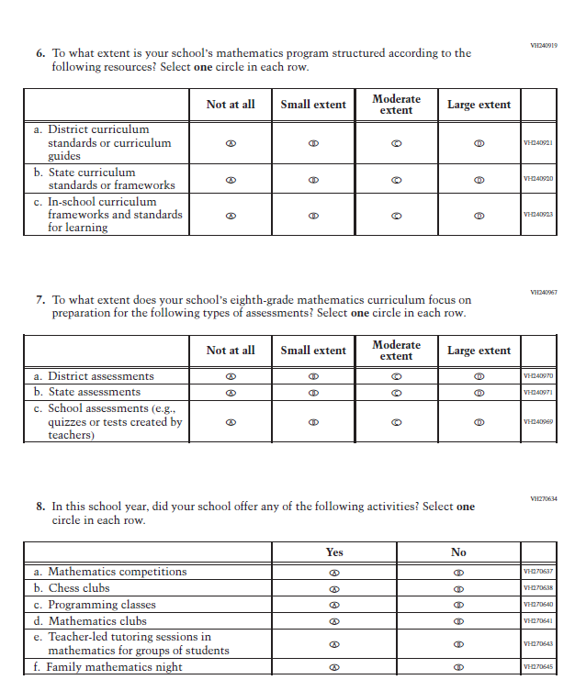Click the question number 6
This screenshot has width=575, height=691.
[x=40, y=54]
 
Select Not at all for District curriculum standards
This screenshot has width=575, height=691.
[x=231, y=143]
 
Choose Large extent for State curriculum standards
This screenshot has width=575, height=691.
[x=479, y=179]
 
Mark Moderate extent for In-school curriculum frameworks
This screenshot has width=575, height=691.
[x=396, y=215]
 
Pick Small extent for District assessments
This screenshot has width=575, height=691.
[x=313, y=376]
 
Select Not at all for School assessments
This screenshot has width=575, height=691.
[x=231, y=422]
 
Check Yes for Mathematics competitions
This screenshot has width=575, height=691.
[x=334, y=572]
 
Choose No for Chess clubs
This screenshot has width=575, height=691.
[x=458, y=588]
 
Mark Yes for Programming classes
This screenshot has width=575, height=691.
[x=334, y=605]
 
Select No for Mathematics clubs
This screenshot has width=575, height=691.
[x=458, y=621]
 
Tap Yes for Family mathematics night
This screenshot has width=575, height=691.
[x=334, y=667]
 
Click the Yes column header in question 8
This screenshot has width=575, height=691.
[x=334, y=552]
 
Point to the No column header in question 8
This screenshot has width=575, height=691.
[x=458, y=552]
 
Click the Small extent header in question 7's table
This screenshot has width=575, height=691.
[x=313, y=351]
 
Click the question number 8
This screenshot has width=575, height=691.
[x=40, y=507]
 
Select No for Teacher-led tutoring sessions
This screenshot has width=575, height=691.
[x=458, y=644]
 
